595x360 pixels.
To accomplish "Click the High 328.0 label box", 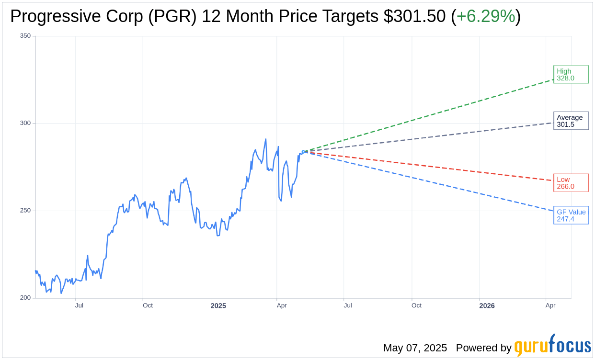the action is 571,74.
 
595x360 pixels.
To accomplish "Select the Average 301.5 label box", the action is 571,121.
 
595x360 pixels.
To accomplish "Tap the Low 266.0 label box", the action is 571,183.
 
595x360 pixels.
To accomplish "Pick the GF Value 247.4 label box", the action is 571,215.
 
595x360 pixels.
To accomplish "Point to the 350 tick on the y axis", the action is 25,36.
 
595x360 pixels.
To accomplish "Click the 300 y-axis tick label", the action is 25,123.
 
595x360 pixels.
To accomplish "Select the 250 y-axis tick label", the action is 25,211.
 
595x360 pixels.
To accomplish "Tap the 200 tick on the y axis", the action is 25,298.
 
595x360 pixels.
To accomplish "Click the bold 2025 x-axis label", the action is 218,306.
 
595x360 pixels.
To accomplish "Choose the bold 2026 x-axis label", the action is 487,306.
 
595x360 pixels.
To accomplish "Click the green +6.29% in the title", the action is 486,16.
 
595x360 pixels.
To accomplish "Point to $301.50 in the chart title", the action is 414,16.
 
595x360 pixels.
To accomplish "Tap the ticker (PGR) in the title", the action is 172,16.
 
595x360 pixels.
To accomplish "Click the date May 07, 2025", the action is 415,348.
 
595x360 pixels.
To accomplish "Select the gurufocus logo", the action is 552,345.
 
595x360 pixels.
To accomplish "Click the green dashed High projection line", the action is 428,115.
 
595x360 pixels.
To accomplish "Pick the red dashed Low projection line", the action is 428,166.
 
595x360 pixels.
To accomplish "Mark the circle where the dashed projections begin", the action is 304,152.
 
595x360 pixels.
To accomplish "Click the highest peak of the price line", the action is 265,139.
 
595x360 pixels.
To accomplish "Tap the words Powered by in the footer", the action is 484,348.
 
